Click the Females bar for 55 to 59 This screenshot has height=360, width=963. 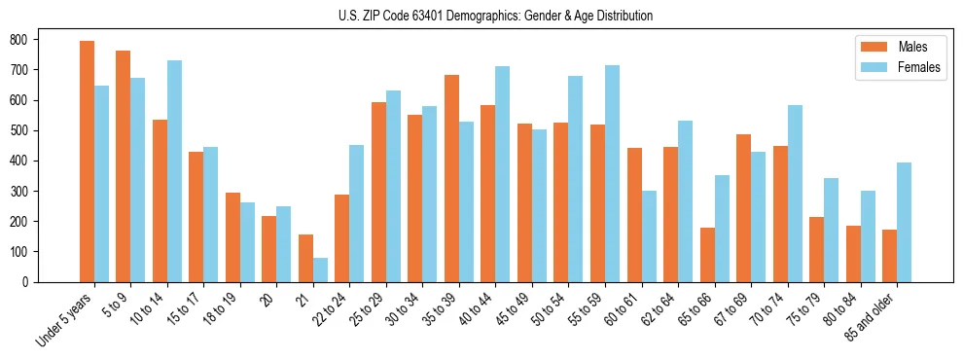point(612,174)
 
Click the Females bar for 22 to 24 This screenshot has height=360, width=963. point(357,213)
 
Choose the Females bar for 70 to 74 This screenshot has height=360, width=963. point(795,194)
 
